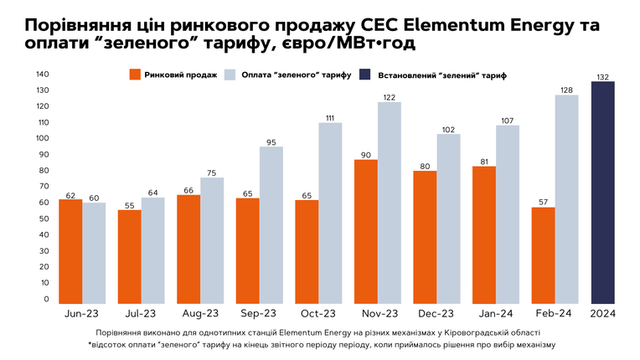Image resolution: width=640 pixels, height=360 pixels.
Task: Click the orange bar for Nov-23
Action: pyautogui.click(x=366, y=232)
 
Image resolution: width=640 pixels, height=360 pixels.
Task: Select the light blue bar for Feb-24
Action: pyautogui.click(x=566, y=199)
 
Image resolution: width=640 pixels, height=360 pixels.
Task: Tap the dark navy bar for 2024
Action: pyautogui.click(x=603, y=193)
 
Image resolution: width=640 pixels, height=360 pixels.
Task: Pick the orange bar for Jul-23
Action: pyautogui.click(x=129, y=257)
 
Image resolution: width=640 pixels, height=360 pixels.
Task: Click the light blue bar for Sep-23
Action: pyautogui.click(x=271, y=225)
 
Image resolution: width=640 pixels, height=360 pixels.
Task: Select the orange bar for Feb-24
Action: pyautogui.click(x=543, y=255)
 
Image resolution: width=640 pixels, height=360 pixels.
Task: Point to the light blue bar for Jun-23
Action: pyautogui.click(x=94, y=253)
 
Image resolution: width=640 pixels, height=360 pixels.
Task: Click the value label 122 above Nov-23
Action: pyautogui.click(x=390, y=97)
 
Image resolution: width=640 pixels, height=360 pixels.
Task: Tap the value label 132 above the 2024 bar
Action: pyautogui.click(x=603, y=77)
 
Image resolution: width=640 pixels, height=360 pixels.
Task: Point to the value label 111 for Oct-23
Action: pyautogui.click(x=330, y=118)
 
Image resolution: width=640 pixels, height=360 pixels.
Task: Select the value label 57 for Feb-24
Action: pyautogui.click(x=543, y=203)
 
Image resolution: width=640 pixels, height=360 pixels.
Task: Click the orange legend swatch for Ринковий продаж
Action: pyautogui.click(x=135, y=75)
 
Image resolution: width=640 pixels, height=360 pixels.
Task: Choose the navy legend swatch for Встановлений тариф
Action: pyautogui.click(x=365, y=75)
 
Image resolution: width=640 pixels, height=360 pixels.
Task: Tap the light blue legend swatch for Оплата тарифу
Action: pyautogui.click(x=230, y=75)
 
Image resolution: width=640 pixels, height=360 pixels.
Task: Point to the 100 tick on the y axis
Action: pyautogui.click(x=43, y=138)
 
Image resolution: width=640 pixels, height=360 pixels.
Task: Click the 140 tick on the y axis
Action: pyautogui.click(x=43, y=75)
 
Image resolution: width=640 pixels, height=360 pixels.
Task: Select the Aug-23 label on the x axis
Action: pyautogui.click(x=200, y=313)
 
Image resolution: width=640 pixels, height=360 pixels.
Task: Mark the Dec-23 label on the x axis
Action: pyautogui.click(x=436, y=313)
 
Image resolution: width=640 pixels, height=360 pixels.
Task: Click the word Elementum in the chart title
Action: pyautogui.click(x=448, y=25)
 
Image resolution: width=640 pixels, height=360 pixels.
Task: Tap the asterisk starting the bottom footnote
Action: pyautogui.click(x=90, y=344)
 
